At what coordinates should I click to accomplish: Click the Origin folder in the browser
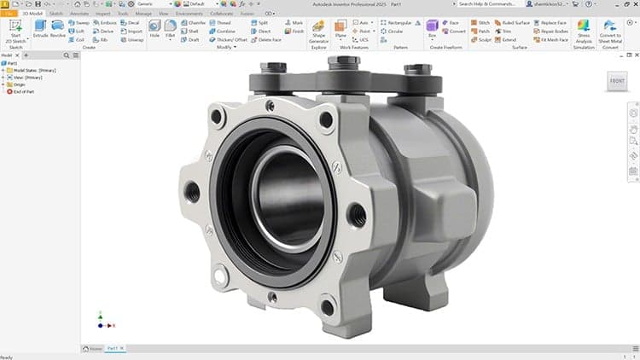20,84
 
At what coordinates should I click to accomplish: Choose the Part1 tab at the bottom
113,348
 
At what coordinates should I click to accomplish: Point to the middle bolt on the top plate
350,68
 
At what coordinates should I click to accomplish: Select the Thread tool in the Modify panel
221,23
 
